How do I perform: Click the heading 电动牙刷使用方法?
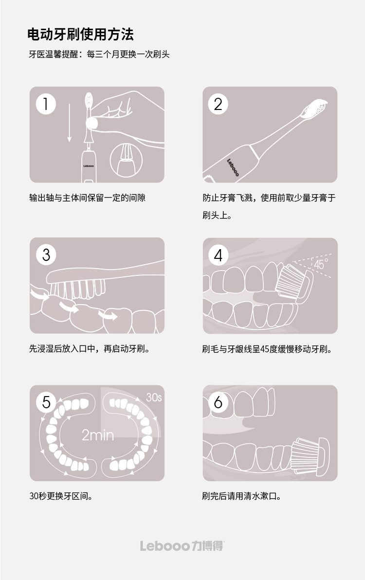80,35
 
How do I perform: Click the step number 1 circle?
46,104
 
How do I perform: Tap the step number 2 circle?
218,104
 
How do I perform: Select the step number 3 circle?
46,255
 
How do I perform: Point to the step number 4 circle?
218,255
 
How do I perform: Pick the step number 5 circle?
46,402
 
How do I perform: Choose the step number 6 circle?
218,402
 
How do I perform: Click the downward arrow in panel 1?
69,123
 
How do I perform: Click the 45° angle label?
320,264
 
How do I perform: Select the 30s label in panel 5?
154,397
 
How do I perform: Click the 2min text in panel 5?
98,435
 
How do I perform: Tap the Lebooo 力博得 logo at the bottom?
182,546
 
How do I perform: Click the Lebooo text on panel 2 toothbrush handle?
233,167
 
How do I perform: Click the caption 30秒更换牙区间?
61,496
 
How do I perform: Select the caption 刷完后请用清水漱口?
241,496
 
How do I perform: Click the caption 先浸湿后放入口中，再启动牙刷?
90,349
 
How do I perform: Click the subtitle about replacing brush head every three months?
99,54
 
